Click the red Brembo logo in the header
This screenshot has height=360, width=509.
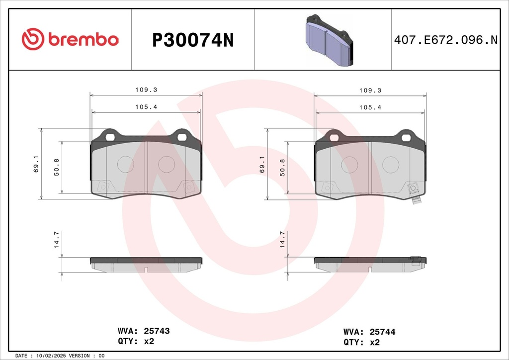pyautogui.click(x=70, y=39)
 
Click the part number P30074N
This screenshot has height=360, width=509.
pyautogui.click(x=193, y=40)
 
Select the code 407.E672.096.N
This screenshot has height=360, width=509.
pyautogui.click(x=446, y=40)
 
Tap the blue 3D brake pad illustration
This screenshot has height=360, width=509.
pyautogui.click(x=329, y=40)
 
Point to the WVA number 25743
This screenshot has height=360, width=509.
pyautogui.click(x=157, y=331)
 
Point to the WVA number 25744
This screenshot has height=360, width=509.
pyautogui.click(x=382, y=332)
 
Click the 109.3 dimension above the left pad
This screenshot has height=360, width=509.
pyautogui.click(x=146, y=90)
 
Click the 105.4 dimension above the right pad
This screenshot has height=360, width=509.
pyautogui.click(x=370, y=107)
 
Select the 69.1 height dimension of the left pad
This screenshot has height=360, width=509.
pyautogui.click(x=36, y=164)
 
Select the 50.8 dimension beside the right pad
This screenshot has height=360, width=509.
pyautogui.click(x=282, y=168)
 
